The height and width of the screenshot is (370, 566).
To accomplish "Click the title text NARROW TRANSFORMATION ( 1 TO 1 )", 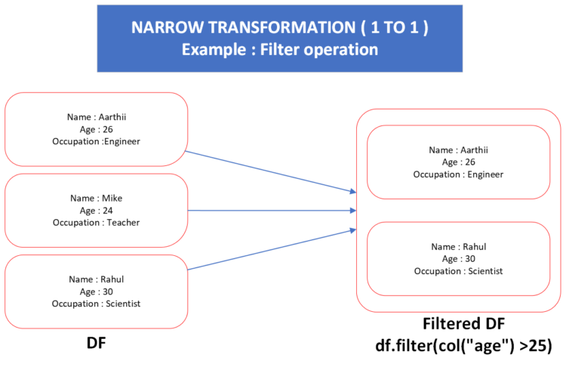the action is coord(280,27).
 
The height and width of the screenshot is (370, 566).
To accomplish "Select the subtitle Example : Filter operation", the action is coord(280,50).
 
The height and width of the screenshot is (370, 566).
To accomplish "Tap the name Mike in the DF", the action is coord(112,198).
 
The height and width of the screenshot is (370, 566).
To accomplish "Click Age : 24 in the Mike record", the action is coord(97,210).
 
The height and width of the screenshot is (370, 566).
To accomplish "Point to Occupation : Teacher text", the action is coord(97,223).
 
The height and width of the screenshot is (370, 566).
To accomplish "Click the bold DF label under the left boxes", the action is coord(97,343).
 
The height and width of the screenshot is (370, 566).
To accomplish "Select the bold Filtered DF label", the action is coord(464,324).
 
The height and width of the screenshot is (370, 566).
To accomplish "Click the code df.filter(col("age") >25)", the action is coord(464,346).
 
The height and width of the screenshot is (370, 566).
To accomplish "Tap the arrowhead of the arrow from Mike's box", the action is coord(353,210).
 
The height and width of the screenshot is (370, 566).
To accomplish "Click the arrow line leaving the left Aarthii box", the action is coord(271,171).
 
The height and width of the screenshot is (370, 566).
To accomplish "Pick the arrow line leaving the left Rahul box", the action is coord(272,250).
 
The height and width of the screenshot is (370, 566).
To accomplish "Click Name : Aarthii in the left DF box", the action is coord(97,117).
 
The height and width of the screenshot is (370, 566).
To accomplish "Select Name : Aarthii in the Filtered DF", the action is coord(458,150).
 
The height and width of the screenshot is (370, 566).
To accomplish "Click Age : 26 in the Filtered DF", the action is coord(458,162).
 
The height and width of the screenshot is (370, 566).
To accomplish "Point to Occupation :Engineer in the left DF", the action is coord(97,141).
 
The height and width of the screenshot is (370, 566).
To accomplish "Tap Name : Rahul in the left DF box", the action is coord(97,279).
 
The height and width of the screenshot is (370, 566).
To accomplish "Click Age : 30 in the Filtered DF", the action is coord(458,259).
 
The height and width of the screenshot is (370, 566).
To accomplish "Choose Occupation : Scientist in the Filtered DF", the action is coord(458,271).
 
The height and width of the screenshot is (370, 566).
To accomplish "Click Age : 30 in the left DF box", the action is coord(97,291).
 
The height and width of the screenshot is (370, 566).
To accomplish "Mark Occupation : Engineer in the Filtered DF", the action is coord(458,174).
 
